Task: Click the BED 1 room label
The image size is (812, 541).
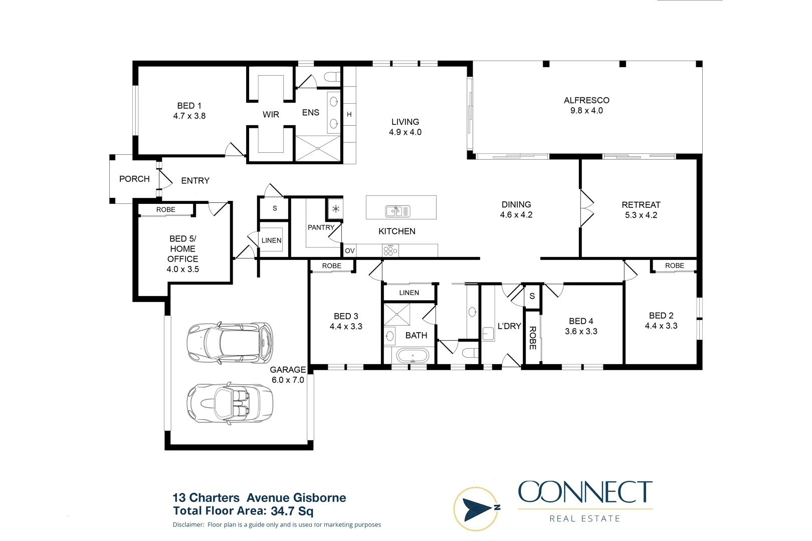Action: pos(189,106)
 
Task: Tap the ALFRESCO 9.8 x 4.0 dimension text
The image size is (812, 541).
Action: pos(586,111)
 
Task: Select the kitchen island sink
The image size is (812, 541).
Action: pos(397,211)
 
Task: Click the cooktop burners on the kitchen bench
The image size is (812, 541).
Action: pos(390,250)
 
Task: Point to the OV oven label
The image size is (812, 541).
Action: pos(349,251)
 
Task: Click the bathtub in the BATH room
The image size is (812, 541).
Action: pos(413,356)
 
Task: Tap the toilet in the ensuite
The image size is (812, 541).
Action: pos(332,77)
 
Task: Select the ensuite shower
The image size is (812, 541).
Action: pos(318,148)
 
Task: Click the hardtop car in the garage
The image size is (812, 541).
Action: pos(230,343)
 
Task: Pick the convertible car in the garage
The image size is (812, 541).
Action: pos(230,403)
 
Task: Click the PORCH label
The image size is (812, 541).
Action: pos(134,179)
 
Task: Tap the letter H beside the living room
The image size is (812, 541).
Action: pos(349,115)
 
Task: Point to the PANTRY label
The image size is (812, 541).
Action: pos(321,227)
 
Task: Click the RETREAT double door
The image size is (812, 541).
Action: pos(587,208)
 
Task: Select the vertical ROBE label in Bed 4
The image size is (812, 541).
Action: pos(532,338)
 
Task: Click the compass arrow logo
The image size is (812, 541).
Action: pos(476,509)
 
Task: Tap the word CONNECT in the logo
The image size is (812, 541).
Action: pos(585,492)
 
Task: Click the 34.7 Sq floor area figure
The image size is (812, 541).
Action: pos(292,511)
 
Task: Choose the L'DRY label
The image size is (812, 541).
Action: pos(509,326)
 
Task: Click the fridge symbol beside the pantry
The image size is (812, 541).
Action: pos(336,209)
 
